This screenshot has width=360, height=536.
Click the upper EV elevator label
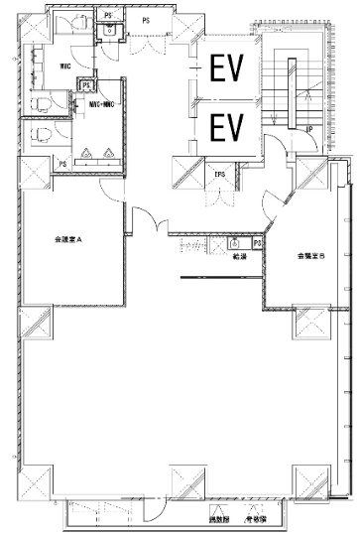(227, 67)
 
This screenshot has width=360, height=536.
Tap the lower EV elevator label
(227, 127)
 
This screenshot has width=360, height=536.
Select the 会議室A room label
(66, 240)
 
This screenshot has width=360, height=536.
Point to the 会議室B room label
(310, 256)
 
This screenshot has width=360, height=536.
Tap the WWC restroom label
(64, 67)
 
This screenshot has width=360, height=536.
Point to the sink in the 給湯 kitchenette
(236, 243)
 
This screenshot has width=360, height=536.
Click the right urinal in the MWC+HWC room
(107, 154)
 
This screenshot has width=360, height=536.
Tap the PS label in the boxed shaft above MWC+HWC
(87, 85)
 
